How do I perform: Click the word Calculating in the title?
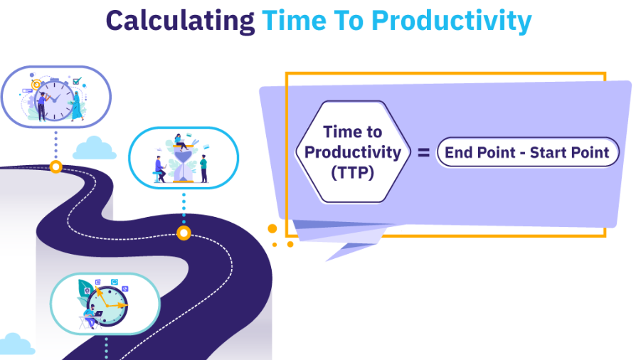click(180, 21)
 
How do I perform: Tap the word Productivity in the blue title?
click(452, 21)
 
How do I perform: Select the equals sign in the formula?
click(423, 152)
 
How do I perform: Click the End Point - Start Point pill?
click(527, 152)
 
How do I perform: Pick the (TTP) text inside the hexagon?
click(352, 173)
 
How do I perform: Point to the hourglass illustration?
click(184, 165)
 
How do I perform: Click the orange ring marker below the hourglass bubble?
click(184, 233)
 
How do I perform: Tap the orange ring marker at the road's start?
click(56, 166)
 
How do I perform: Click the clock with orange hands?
click(107, 306)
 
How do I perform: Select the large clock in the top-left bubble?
click(55, 100)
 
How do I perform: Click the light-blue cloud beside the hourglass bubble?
click(95, 148)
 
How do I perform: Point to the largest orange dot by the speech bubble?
click(272, 228)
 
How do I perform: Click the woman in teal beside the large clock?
click(77, 105)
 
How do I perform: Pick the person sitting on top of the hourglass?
click(180, 142)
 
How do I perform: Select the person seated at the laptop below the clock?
click(91, 316)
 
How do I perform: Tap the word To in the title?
click(349, 21)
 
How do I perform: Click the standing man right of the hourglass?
click(203, 169)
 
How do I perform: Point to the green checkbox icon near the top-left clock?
click(77, 81)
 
